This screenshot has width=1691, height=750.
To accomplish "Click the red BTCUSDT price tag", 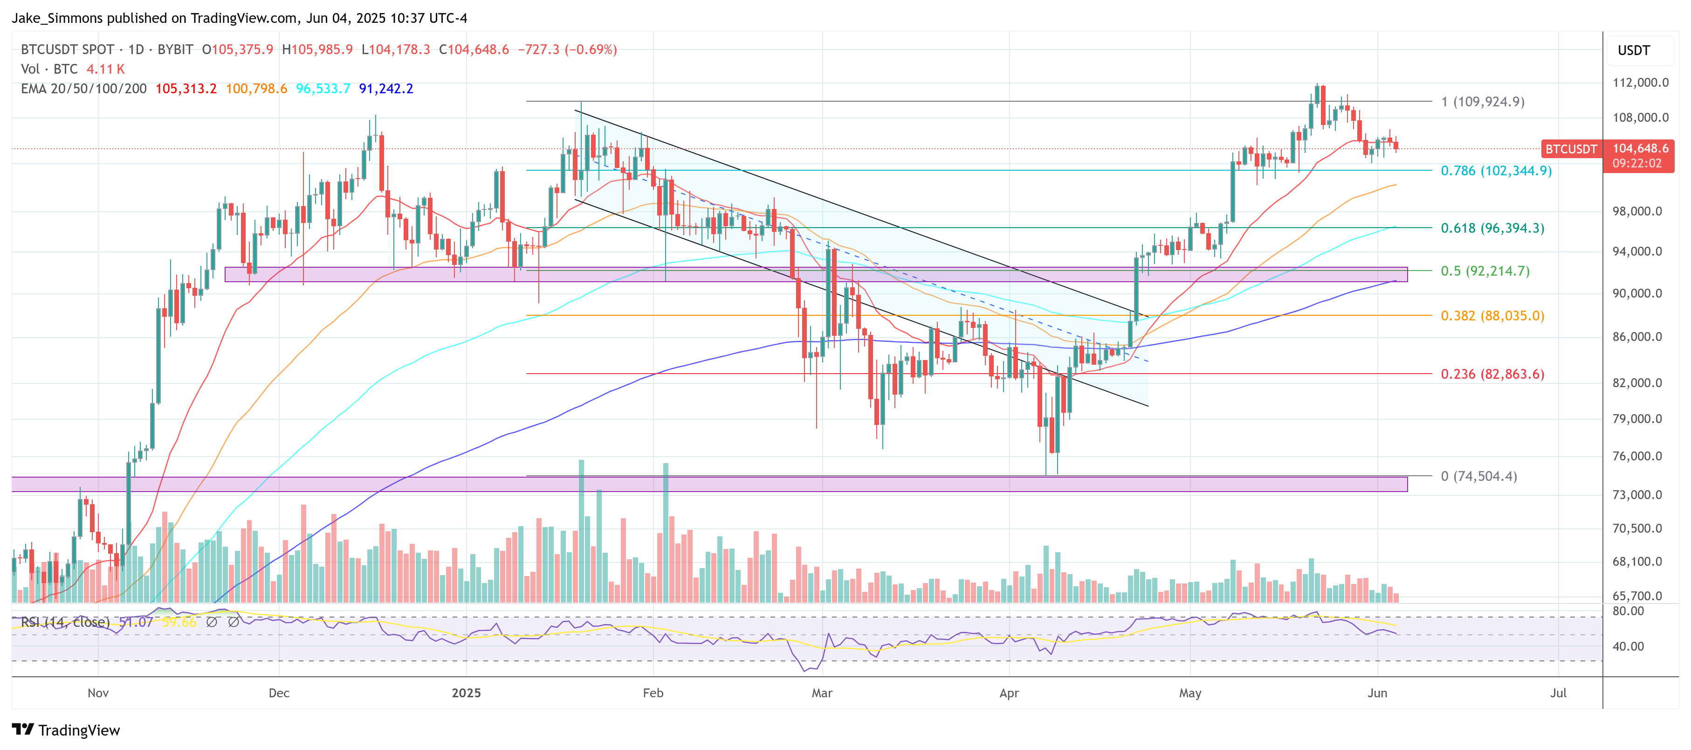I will click(1570, 149).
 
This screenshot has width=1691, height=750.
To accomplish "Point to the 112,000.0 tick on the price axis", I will click(1640, 83).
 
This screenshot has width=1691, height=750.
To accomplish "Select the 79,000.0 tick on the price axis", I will click(1640, 419).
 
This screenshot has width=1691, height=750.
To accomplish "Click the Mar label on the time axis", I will click(821, 693).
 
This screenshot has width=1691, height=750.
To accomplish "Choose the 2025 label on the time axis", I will click(466, 693).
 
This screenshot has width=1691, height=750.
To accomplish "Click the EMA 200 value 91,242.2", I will click(386, 89).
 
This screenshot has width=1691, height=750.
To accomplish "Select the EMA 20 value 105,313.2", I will click(186, 89).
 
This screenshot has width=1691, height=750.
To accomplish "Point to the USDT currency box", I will click(1633, 50).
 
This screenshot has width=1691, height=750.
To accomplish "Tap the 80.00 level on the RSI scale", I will click(1628, 611).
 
